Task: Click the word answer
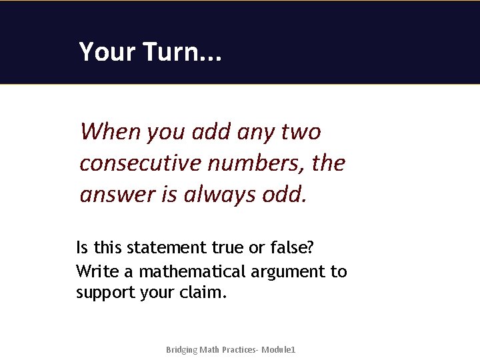[115, 194]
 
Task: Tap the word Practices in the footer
[238, 350]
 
